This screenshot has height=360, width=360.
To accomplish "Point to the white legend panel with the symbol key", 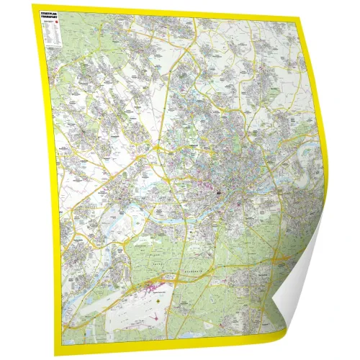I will coord(52,32).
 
